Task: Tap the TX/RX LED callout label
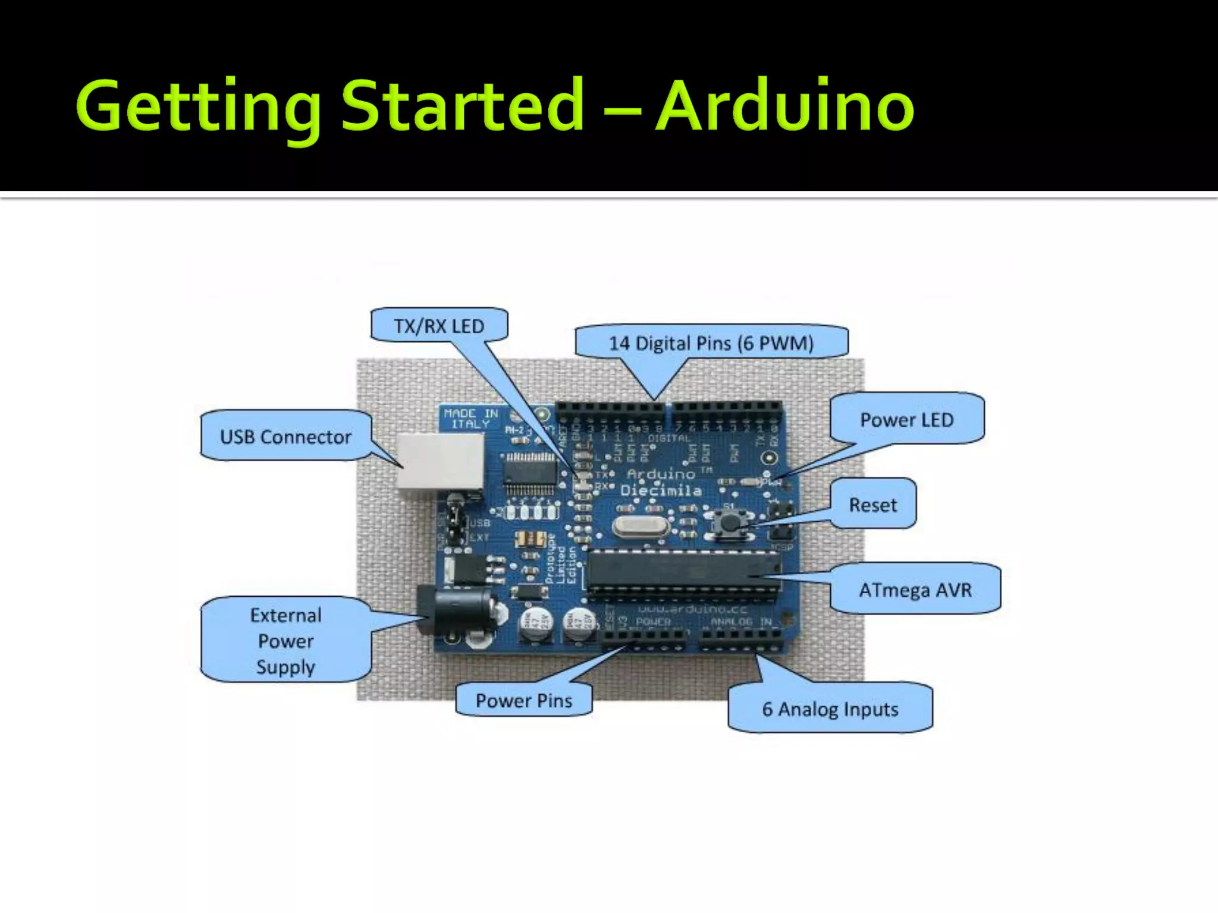coord(439,326)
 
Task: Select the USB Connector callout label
coord(285,437)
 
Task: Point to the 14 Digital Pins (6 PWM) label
coord(711,343)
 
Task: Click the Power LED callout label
coord(906,420)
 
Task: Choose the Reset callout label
coord(872,505)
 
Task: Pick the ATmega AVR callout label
coord(915,590)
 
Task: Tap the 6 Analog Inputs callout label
coord(830,709)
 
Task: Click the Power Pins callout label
coord(523,700)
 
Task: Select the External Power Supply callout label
coord(285,641)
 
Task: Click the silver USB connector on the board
coord(440,464)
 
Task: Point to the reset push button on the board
coord(729,523)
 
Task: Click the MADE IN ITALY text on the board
coord(470,418)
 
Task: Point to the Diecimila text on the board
coord(661,491)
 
